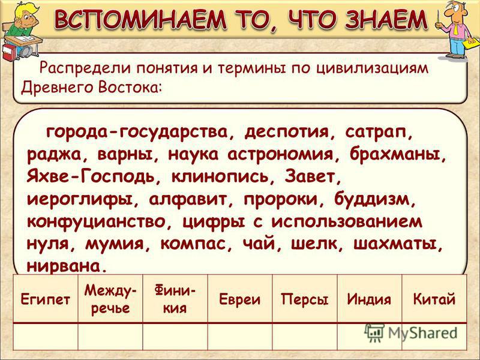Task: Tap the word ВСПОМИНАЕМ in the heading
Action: [x=140, y=19]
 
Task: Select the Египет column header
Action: [x=46, y=299]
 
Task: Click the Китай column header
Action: [x=434, y=299]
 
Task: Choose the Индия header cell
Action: [x=369, y=299]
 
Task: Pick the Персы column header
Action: [x=305, y=299]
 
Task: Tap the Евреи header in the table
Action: [x=239, y=299]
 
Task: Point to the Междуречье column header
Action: [x=110, y=299]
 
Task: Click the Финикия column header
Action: [x=175, y=299]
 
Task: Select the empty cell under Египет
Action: [x=46, y=336]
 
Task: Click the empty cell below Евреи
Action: [x=239, y=336]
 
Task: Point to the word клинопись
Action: [x=220, y=177]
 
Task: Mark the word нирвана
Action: [x=64, y=265]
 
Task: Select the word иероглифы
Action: [x=80, y=200]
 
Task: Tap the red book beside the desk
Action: [x=9, y=53]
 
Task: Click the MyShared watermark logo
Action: [x=411, y=333]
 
